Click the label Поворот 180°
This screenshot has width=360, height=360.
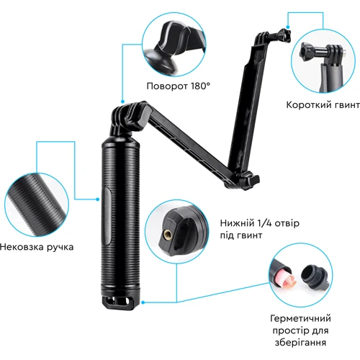tap(179, 86)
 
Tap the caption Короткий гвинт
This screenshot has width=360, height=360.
tap(323, 105)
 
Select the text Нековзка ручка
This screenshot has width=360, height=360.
tap(37, 247)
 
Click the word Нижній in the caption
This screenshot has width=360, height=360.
tap(237, 223)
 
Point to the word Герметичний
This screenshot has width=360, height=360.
tap(300, 318)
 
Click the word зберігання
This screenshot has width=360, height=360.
tap(300, 342)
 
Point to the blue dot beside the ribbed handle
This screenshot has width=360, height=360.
tap(97, 199)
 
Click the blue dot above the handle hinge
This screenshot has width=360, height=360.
tap(122, 102)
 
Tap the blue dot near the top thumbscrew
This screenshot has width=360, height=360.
tap(288, 27)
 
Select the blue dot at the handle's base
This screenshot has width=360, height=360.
tap(143, 302)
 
